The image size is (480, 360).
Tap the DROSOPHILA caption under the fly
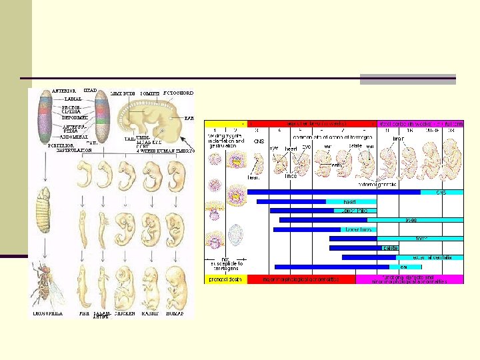tap(49, 313)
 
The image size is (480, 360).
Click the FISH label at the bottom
tap(83, 313)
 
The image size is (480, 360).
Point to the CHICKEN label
tap(127, 313)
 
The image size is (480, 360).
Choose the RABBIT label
tap(151, 313)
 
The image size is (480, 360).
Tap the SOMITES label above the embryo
tap(149, 93)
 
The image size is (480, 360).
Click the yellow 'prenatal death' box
tap(225, 279)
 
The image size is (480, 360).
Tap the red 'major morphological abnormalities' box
tap(301, 279)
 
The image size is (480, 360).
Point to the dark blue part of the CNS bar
tap(333, 192)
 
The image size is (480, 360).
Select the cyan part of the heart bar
tap(351, 201)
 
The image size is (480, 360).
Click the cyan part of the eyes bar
tap(415, 219)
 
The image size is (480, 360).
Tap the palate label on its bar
tap(390, 247)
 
